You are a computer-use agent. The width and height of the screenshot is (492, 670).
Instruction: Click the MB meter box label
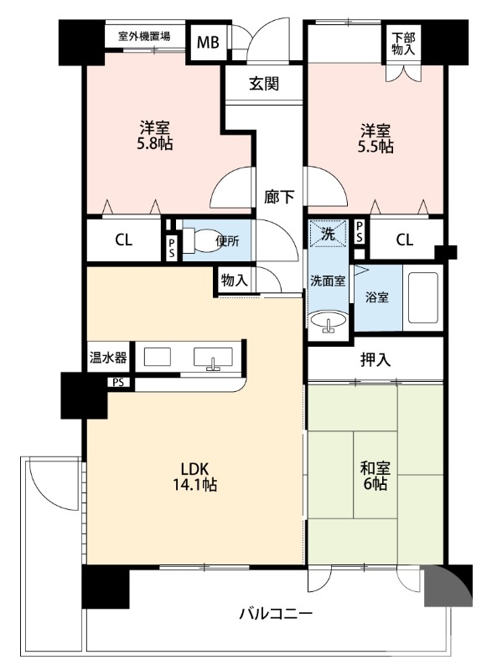pyautogui.click(x=208, y=43)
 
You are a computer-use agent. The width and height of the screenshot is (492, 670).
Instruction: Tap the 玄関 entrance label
pyautogui.click(x=264, y=84)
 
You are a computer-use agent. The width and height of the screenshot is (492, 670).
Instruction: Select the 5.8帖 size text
pyautogui.click(x=155, y=144)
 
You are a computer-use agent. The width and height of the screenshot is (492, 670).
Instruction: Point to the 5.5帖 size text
pyautogui.click(x=375, y=147)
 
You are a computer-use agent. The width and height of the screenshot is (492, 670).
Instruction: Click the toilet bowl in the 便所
pyautogui.click(x=202, y=240)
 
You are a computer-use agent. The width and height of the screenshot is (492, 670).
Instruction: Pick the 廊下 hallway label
pyautogui.click(x=279, y=197)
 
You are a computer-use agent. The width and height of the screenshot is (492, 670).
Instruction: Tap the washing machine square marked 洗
pyautogui.click(x=329, y=234)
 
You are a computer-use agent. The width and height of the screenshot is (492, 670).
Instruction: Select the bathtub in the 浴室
pyautogui.click(x=422, y=297)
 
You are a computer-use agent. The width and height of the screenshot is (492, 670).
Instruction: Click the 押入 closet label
pyautogui.click(x=375, y=360)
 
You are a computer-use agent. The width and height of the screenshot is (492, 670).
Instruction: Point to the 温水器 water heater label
pyautogui.click(x=108, y=358)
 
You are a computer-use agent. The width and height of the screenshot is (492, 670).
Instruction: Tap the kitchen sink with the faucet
pyautogui.click(x=213, y=358)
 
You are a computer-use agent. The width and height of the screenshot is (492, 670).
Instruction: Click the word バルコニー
pyautogui.click(x=276, y=615)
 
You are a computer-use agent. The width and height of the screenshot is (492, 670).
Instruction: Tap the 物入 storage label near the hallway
pyautogui.click(x=234, y=281)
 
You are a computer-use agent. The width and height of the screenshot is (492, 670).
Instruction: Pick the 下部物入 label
pyautogui.click(x=403, y=44)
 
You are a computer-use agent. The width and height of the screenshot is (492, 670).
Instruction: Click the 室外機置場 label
pyautogui.click(x=144, y=36)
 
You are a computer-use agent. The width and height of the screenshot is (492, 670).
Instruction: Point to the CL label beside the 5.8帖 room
pyautogui.click(x=123, y=240)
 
